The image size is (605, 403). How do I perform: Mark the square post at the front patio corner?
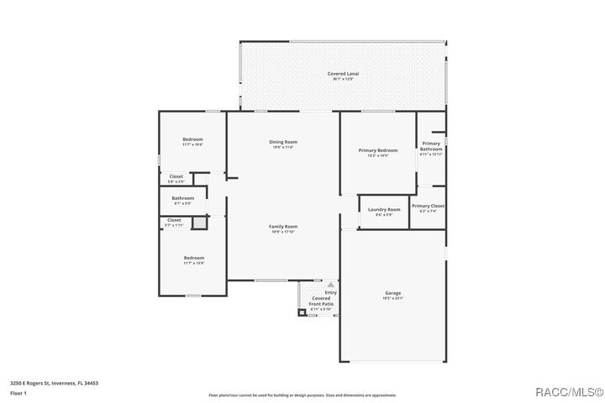301,313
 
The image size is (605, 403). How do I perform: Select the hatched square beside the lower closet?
199,223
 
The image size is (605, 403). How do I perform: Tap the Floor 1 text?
19,393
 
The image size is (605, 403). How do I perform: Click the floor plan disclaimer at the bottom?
302,395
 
